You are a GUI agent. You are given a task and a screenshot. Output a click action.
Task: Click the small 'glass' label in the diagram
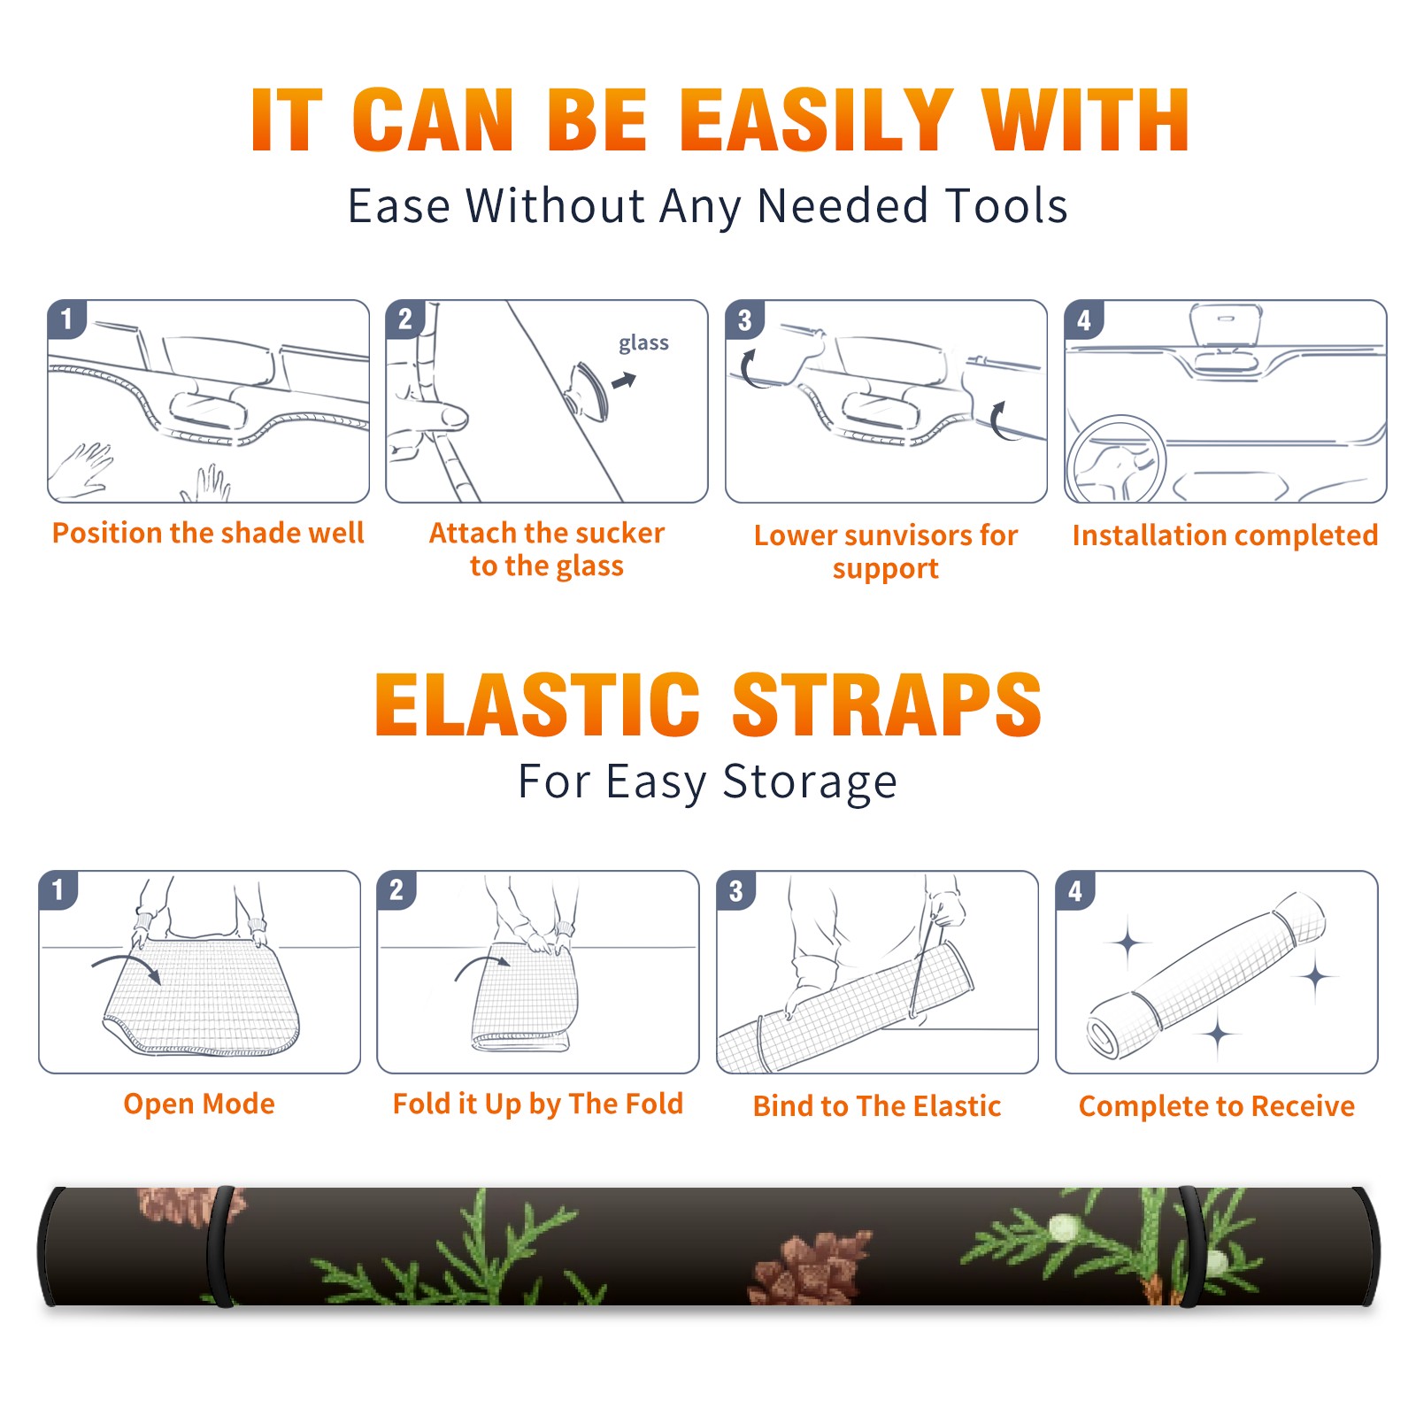tap(643, 343)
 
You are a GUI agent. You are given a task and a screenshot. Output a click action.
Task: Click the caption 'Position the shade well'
tap(208, 533)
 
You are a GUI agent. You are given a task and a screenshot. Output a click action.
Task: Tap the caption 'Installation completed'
tap(1225, 535)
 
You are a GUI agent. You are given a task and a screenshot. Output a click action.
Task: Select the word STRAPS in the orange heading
tap(887, 704)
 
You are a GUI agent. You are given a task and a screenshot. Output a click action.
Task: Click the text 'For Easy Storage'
tap(708, 782)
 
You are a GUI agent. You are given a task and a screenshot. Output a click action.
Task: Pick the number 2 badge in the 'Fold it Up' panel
tap(396, 889)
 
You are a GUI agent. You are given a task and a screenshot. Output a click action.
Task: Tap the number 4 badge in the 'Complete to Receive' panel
tap(1075, 890)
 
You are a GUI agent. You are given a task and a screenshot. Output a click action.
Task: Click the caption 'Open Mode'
tap(199, 1104)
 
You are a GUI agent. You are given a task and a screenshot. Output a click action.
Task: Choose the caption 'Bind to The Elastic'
tap(877, 1106)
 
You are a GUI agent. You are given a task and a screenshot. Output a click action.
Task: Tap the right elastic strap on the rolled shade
tap(1189, 1246)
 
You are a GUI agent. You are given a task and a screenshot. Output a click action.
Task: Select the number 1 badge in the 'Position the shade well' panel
tap(66, 319)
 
